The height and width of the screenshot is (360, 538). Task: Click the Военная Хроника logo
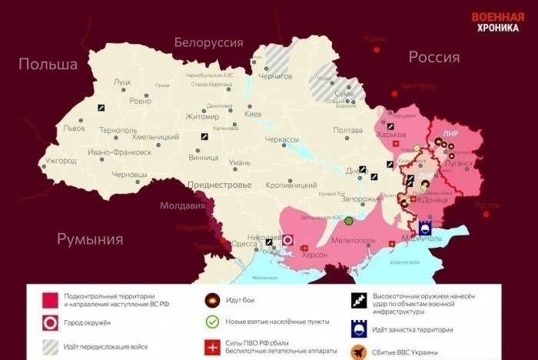click(x=499, y=22)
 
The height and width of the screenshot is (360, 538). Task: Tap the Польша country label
click(x=48, y=64)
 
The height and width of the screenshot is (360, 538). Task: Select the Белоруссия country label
click(x=208, y=42)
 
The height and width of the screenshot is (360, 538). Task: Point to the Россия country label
click(x=433, y=57)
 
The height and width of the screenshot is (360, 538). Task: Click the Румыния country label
click(x=90, y=239)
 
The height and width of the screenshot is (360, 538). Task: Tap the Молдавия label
click(x=183, y=205)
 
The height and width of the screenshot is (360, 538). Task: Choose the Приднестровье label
click(x=218, y=185)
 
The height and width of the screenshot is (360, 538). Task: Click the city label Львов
click(x=75, y=128)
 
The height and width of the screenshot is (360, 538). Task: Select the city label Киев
click(x=253, y=114)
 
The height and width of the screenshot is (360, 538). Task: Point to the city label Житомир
click(x=203, y=117)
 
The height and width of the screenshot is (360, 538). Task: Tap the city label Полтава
click(x=347, y=130)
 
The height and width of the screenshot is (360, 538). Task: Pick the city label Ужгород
click(x=61, y=161)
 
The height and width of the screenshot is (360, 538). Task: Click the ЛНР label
click(x=450, y=132)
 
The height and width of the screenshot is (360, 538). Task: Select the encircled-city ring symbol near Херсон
click(x=288, y=240)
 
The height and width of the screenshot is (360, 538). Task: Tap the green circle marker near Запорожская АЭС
click(x=349, y=222)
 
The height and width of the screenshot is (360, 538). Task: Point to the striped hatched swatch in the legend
click(x=51, y=346)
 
